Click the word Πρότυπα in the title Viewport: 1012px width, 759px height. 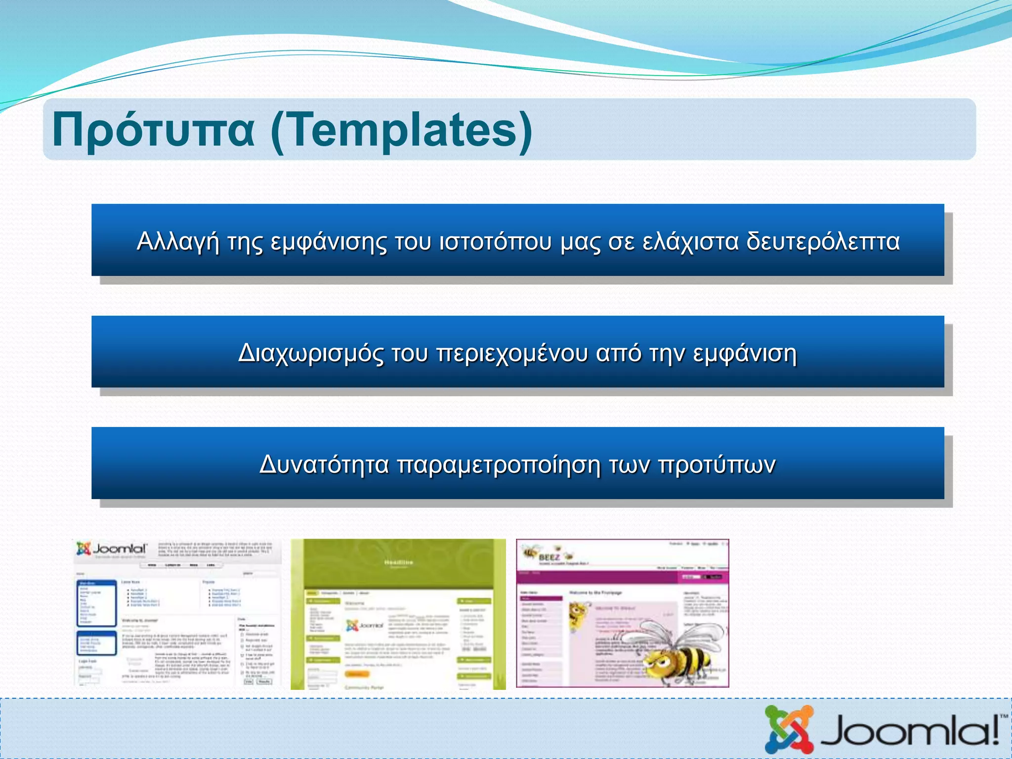[x=153, y=129]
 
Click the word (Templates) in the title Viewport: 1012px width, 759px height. [x=401, y=129]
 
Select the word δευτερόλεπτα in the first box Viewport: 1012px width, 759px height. [x=823, y=242]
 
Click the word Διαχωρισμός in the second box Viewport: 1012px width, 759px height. [x=310, y=353]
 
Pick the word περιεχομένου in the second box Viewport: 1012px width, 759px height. [x=512, y=353]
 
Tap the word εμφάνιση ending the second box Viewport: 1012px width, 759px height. [x=745, y=353]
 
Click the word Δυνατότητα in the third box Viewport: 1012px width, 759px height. [x=324, y=464]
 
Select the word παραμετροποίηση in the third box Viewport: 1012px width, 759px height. [x=499, y=464]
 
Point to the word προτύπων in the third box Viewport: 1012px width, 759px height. [x=717, y=464]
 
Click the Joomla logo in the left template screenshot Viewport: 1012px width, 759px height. [x=112, y=548]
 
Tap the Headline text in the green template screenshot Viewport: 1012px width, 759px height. [x=398, y=562]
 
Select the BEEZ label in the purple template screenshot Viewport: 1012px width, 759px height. [x=548, y=557]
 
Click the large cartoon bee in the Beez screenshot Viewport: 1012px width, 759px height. [x=682, y=652]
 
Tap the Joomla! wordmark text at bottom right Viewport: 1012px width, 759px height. [x=904, y=731]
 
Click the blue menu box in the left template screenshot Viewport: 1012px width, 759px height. [x=97, y=603]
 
